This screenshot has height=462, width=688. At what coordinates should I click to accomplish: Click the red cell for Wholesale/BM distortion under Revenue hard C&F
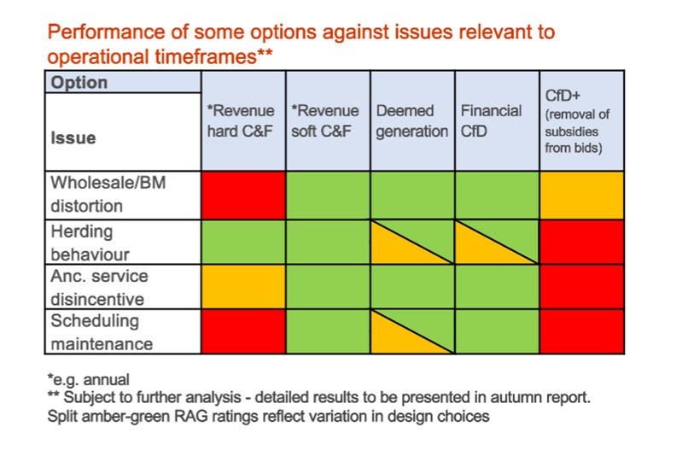(x=243, y=194)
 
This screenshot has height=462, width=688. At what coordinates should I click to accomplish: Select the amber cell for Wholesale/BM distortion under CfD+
(x=581, y=194)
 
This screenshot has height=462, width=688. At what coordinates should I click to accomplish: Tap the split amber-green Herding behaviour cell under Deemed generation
(x=412, y=242)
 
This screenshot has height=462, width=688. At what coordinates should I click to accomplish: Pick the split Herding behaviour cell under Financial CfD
(x=497, y=242)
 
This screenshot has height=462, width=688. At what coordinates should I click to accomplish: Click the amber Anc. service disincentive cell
(x=243, y=287)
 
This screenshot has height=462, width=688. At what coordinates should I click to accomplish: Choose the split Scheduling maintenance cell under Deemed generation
(x=412, y=331)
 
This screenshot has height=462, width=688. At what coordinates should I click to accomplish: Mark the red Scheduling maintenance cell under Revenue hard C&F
(x=243, y=331)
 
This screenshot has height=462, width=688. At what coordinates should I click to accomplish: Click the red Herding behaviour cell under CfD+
(x=581, y=242)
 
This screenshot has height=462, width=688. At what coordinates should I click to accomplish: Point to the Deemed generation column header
(x=411, y=121)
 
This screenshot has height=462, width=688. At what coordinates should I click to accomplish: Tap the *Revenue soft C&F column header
(x=327, y=121)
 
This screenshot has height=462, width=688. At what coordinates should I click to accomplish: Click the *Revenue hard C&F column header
(x=242, y=121)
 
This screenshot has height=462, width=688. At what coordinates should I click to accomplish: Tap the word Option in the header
(x=79, y=83)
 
